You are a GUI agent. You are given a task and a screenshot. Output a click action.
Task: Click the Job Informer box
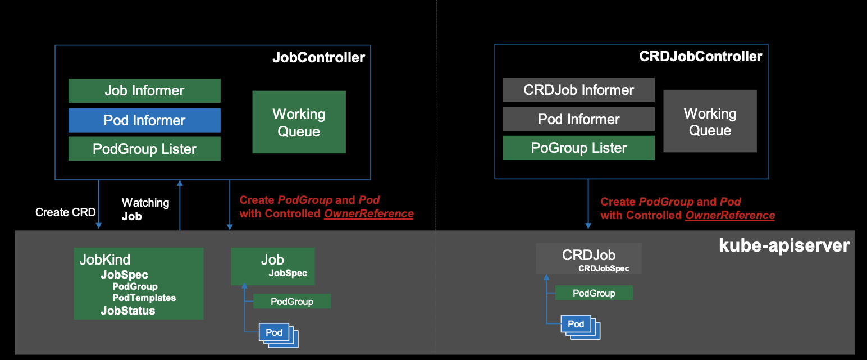144,90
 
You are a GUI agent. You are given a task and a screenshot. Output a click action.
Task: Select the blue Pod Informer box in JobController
144,120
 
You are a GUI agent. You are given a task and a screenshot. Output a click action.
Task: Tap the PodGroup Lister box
144,149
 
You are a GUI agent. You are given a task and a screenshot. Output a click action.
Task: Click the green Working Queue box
299,122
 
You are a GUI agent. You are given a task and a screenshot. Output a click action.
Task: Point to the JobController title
318,57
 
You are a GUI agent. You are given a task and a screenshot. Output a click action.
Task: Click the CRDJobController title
700,57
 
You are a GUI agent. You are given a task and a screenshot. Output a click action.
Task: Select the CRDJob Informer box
578,90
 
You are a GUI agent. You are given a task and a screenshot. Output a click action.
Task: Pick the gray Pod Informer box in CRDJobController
578,119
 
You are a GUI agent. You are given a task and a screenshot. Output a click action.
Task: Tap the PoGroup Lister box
578,148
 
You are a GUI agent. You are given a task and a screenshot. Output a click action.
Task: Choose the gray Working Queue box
710,121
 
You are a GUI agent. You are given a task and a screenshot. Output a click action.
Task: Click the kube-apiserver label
784,245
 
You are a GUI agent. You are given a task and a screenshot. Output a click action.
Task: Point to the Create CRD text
65,212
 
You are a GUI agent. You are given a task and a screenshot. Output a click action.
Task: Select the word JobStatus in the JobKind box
127,311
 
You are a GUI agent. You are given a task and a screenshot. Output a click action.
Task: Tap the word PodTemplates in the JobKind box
144,298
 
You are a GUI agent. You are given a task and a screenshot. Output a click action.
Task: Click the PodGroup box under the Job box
291,302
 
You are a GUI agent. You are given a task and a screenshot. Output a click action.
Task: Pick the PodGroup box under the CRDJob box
594,293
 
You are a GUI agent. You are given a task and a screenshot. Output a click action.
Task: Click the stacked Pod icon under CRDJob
577,325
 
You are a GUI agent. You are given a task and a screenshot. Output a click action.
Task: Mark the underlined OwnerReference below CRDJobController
730,215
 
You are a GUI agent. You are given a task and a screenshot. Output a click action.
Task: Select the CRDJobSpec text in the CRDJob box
604,268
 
